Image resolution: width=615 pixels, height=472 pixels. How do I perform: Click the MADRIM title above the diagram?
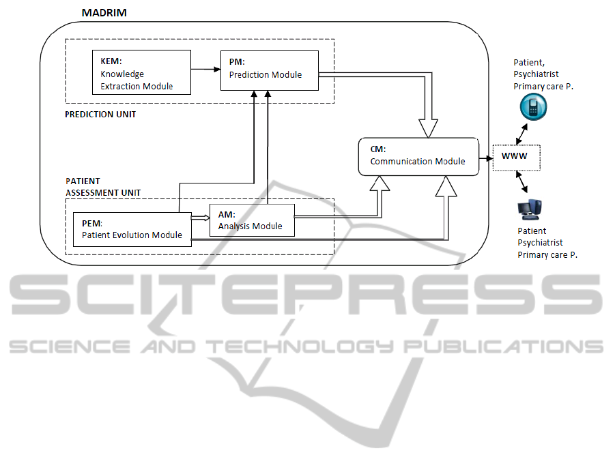104,13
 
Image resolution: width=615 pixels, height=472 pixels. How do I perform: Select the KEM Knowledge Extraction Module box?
141,74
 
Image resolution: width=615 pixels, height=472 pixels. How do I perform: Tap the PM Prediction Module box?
270,70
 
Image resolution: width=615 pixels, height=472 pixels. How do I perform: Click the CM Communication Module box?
417,156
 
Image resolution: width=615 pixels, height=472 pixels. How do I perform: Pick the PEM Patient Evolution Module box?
132,229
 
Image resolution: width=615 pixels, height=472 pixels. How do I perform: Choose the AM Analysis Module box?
251,220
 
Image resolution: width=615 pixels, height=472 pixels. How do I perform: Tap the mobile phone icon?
532,107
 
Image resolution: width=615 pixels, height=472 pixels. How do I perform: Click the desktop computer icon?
530,209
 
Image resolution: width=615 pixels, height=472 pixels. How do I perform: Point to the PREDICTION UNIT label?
100,114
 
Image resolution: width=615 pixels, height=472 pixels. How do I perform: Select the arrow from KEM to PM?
205,69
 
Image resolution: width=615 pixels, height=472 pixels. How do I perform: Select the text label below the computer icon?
543,243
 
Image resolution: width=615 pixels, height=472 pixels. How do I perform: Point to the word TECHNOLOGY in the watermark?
300,345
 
